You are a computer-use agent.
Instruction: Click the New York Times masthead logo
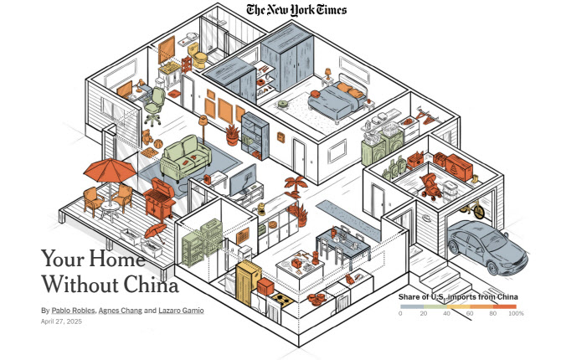point(296,10)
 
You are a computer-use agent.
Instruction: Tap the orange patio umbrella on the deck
point(110,172)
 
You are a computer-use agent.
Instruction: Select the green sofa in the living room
point(185,158)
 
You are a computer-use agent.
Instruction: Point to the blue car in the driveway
point(487,247)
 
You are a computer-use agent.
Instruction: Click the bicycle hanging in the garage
point(473,208)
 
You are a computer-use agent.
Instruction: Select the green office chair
point(154,106)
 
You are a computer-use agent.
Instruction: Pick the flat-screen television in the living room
point(243,181)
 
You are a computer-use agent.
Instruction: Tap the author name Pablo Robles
point(74,311)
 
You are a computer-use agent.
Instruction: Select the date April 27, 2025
point(61,321)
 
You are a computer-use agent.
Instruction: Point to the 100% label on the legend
point(516,313)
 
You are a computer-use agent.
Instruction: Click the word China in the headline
point(151,285)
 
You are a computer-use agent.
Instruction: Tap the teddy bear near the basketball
point(147,137)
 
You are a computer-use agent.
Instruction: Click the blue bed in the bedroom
point(337,99)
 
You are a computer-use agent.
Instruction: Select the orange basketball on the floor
point(158,144)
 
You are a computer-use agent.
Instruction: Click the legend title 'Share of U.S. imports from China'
point(458,296)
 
